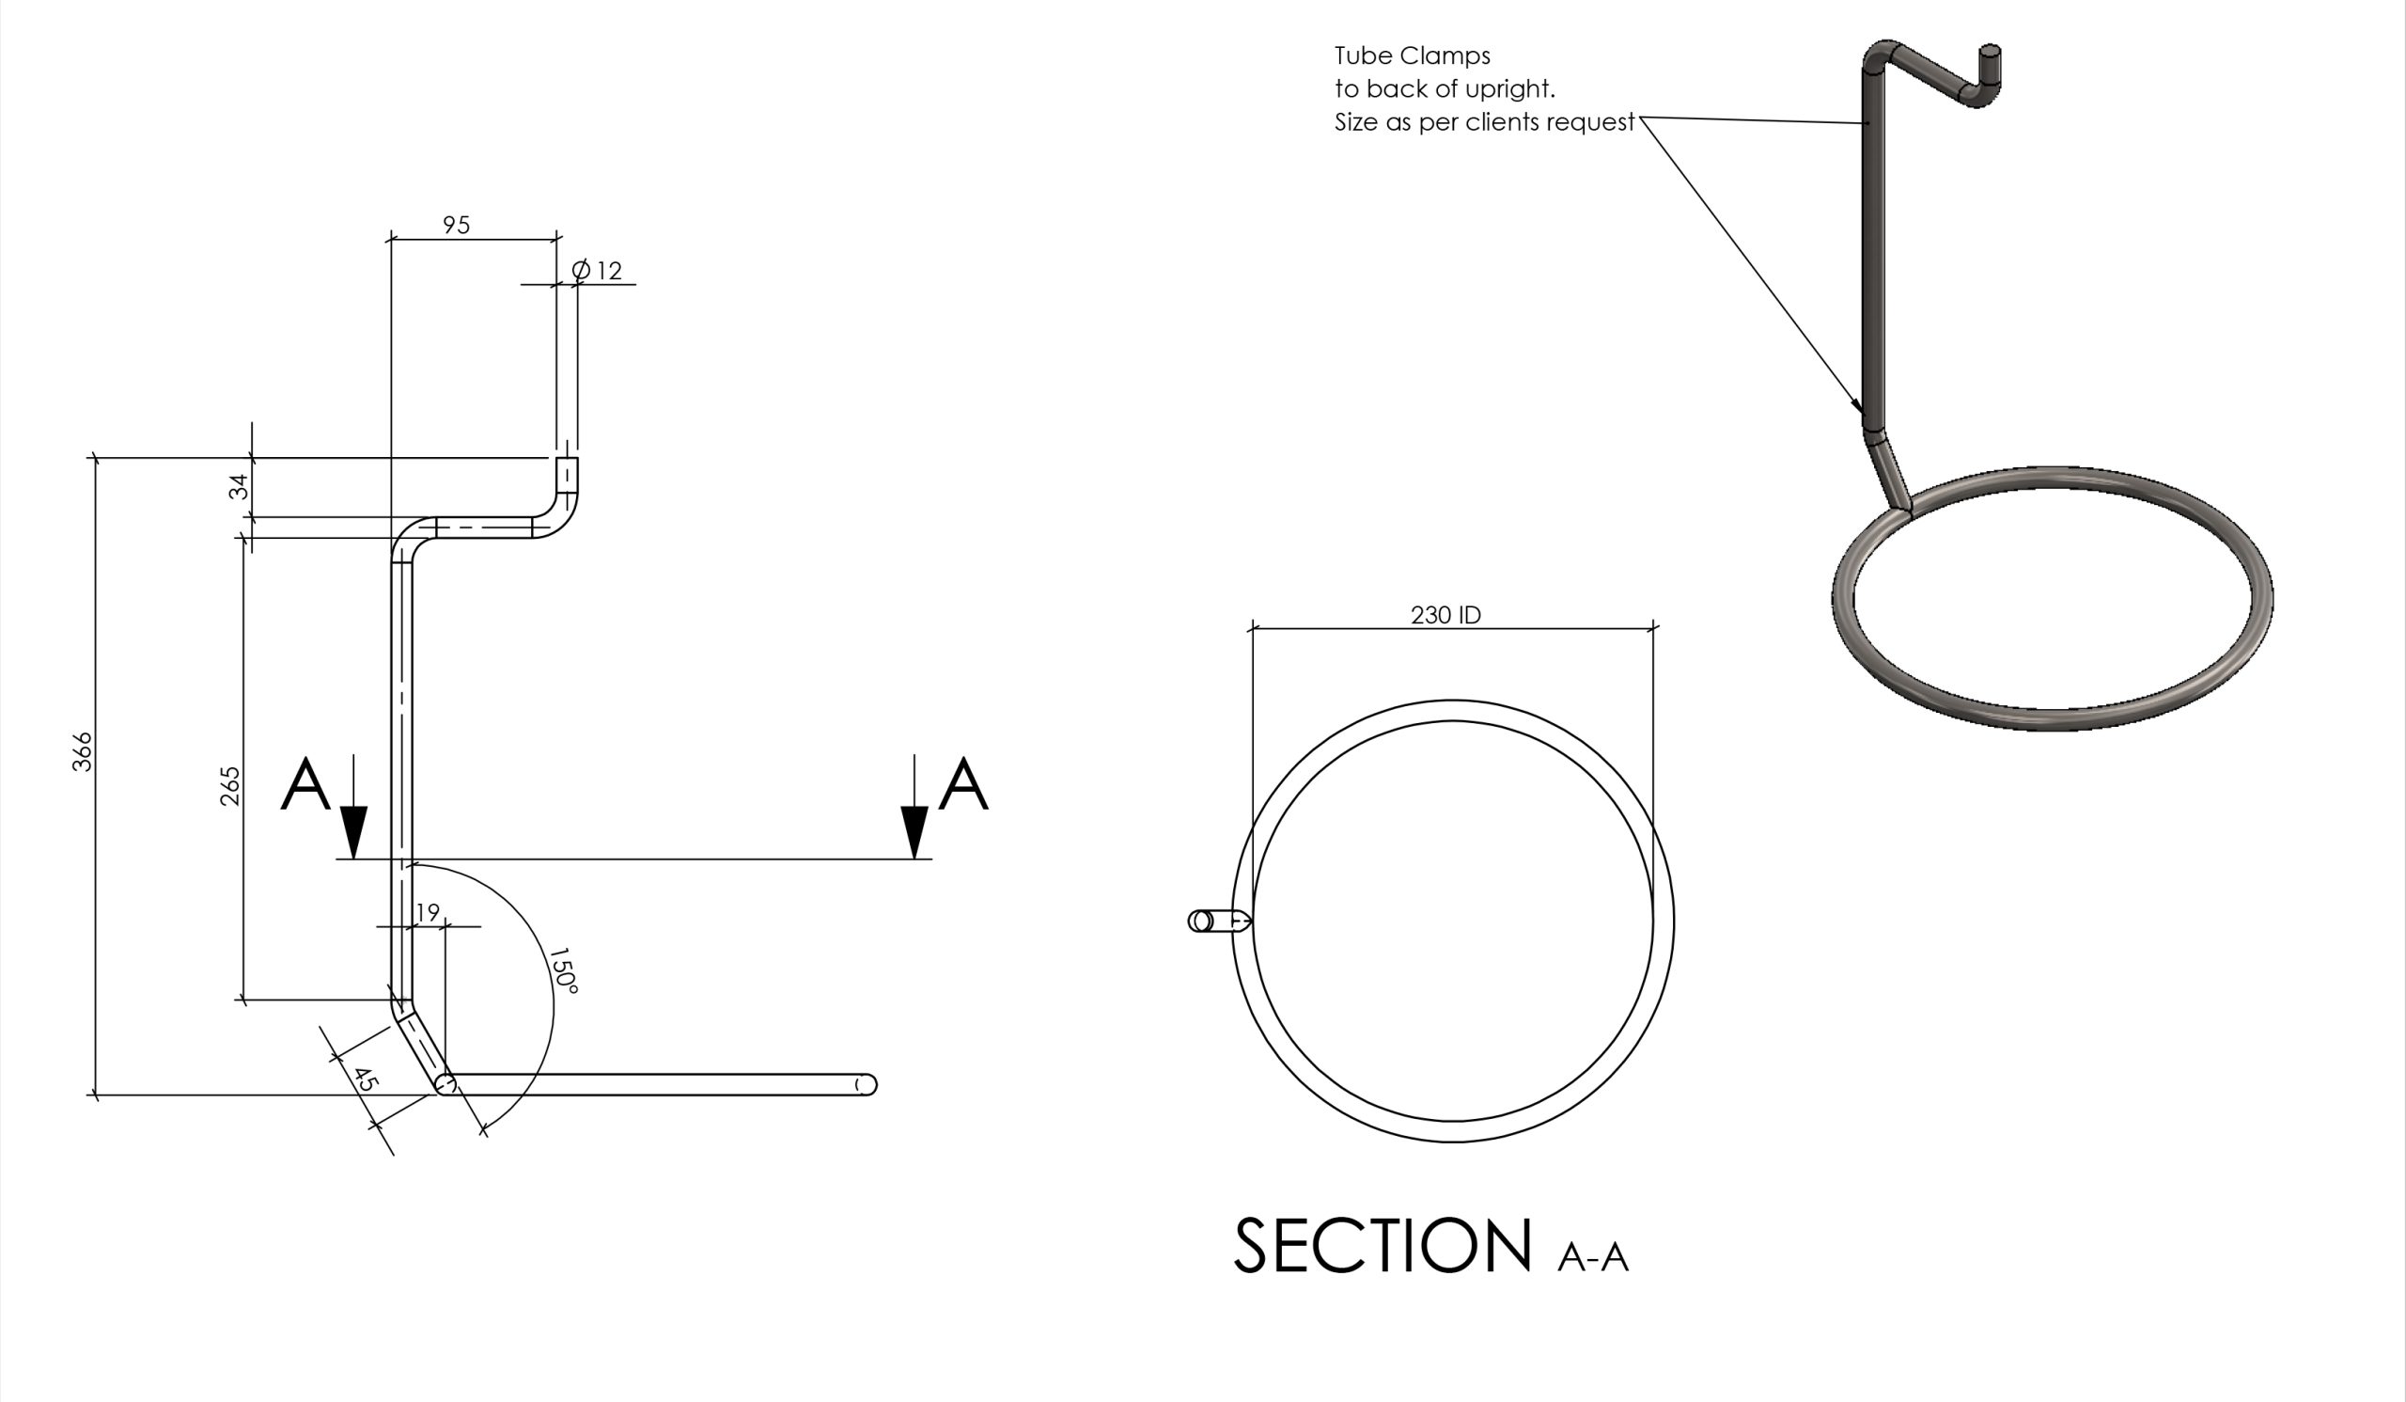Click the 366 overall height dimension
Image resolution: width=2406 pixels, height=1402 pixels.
tap(83, 750)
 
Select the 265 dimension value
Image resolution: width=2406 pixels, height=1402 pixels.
tap(230, 786)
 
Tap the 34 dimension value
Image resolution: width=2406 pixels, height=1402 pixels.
tap(239, 486)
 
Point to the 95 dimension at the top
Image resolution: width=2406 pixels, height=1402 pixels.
tap(457, 225)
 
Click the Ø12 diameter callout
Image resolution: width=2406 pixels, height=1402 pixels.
tap(597, 270)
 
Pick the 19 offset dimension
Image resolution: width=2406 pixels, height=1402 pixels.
tap(428, 912)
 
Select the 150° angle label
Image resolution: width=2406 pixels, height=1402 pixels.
tap(563, 970)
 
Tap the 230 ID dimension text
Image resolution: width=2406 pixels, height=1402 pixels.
tap(1445, 615)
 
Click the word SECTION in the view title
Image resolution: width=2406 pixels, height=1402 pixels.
tap(1383, 1245)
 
